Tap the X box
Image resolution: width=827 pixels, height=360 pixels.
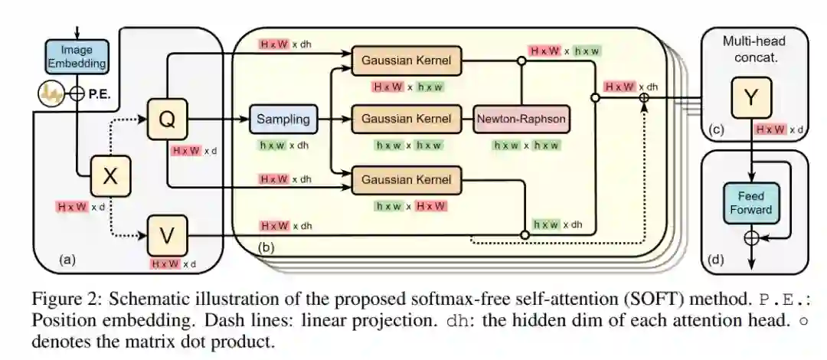[111, 177]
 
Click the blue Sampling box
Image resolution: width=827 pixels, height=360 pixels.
[283, 119]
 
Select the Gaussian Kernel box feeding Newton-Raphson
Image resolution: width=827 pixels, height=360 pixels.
[405, 119]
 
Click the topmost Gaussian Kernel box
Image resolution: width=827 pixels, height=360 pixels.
[405, 60]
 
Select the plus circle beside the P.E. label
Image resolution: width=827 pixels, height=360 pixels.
[75, 95]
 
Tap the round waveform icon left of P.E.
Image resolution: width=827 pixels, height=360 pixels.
[50, 95]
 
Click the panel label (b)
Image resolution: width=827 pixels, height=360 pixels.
[265, 248]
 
